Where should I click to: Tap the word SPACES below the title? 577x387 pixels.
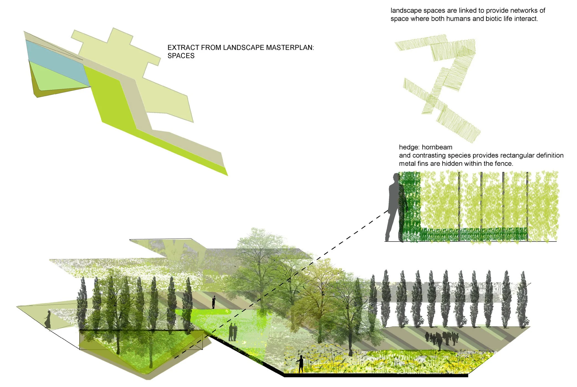pyautogui.click(x=181, y=56)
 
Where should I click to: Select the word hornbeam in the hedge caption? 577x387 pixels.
pyautogui.click(x=437, y=147)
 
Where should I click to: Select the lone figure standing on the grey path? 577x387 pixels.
pyautogui.click(x=213, y=302)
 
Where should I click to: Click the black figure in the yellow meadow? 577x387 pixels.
pyautogui.click(x=300, y=364)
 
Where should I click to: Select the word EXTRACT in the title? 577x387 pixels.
pyautogui.click(x=183, y=47)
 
